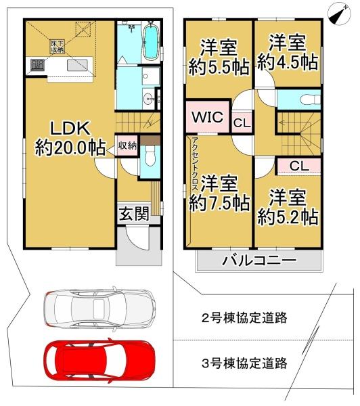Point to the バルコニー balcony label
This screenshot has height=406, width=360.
tap(258, 260)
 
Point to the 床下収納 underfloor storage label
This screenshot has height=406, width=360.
tap(56, 46)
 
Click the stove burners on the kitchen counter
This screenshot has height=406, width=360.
tap(36, 66)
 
